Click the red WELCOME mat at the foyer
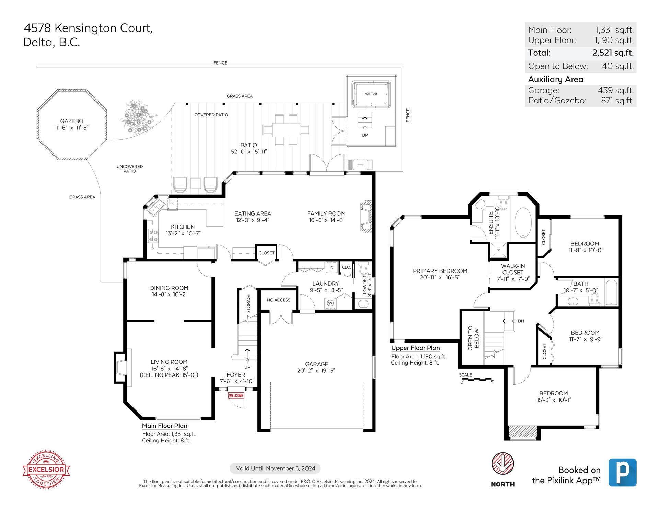point(236,395)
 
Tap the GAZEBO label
point(72,121)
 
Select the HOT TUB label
point(371,94)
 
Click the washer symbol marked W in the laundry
point(330,303)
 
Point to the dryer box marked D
point(332,268)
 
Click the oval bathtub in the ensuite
point(523,222)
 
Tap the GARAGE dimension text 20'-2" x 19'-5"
point(316,370)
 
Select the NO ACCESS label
point(278,300)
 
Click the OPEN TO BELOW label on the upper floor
point(473,338)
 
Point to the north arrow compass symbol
point(502,464)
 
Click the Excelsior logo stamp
point(46,469)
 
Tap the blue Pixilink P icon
point(622,472)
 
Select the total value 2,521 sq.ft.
point(613,53)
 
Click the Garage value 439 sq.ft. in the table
point(616,90)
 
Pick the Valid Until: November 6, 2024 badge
point(275,468)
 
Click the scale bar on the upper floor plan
point(477,380)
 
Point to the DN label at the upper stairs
point(521,321)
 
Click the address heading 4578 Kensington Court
point(88,28)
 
